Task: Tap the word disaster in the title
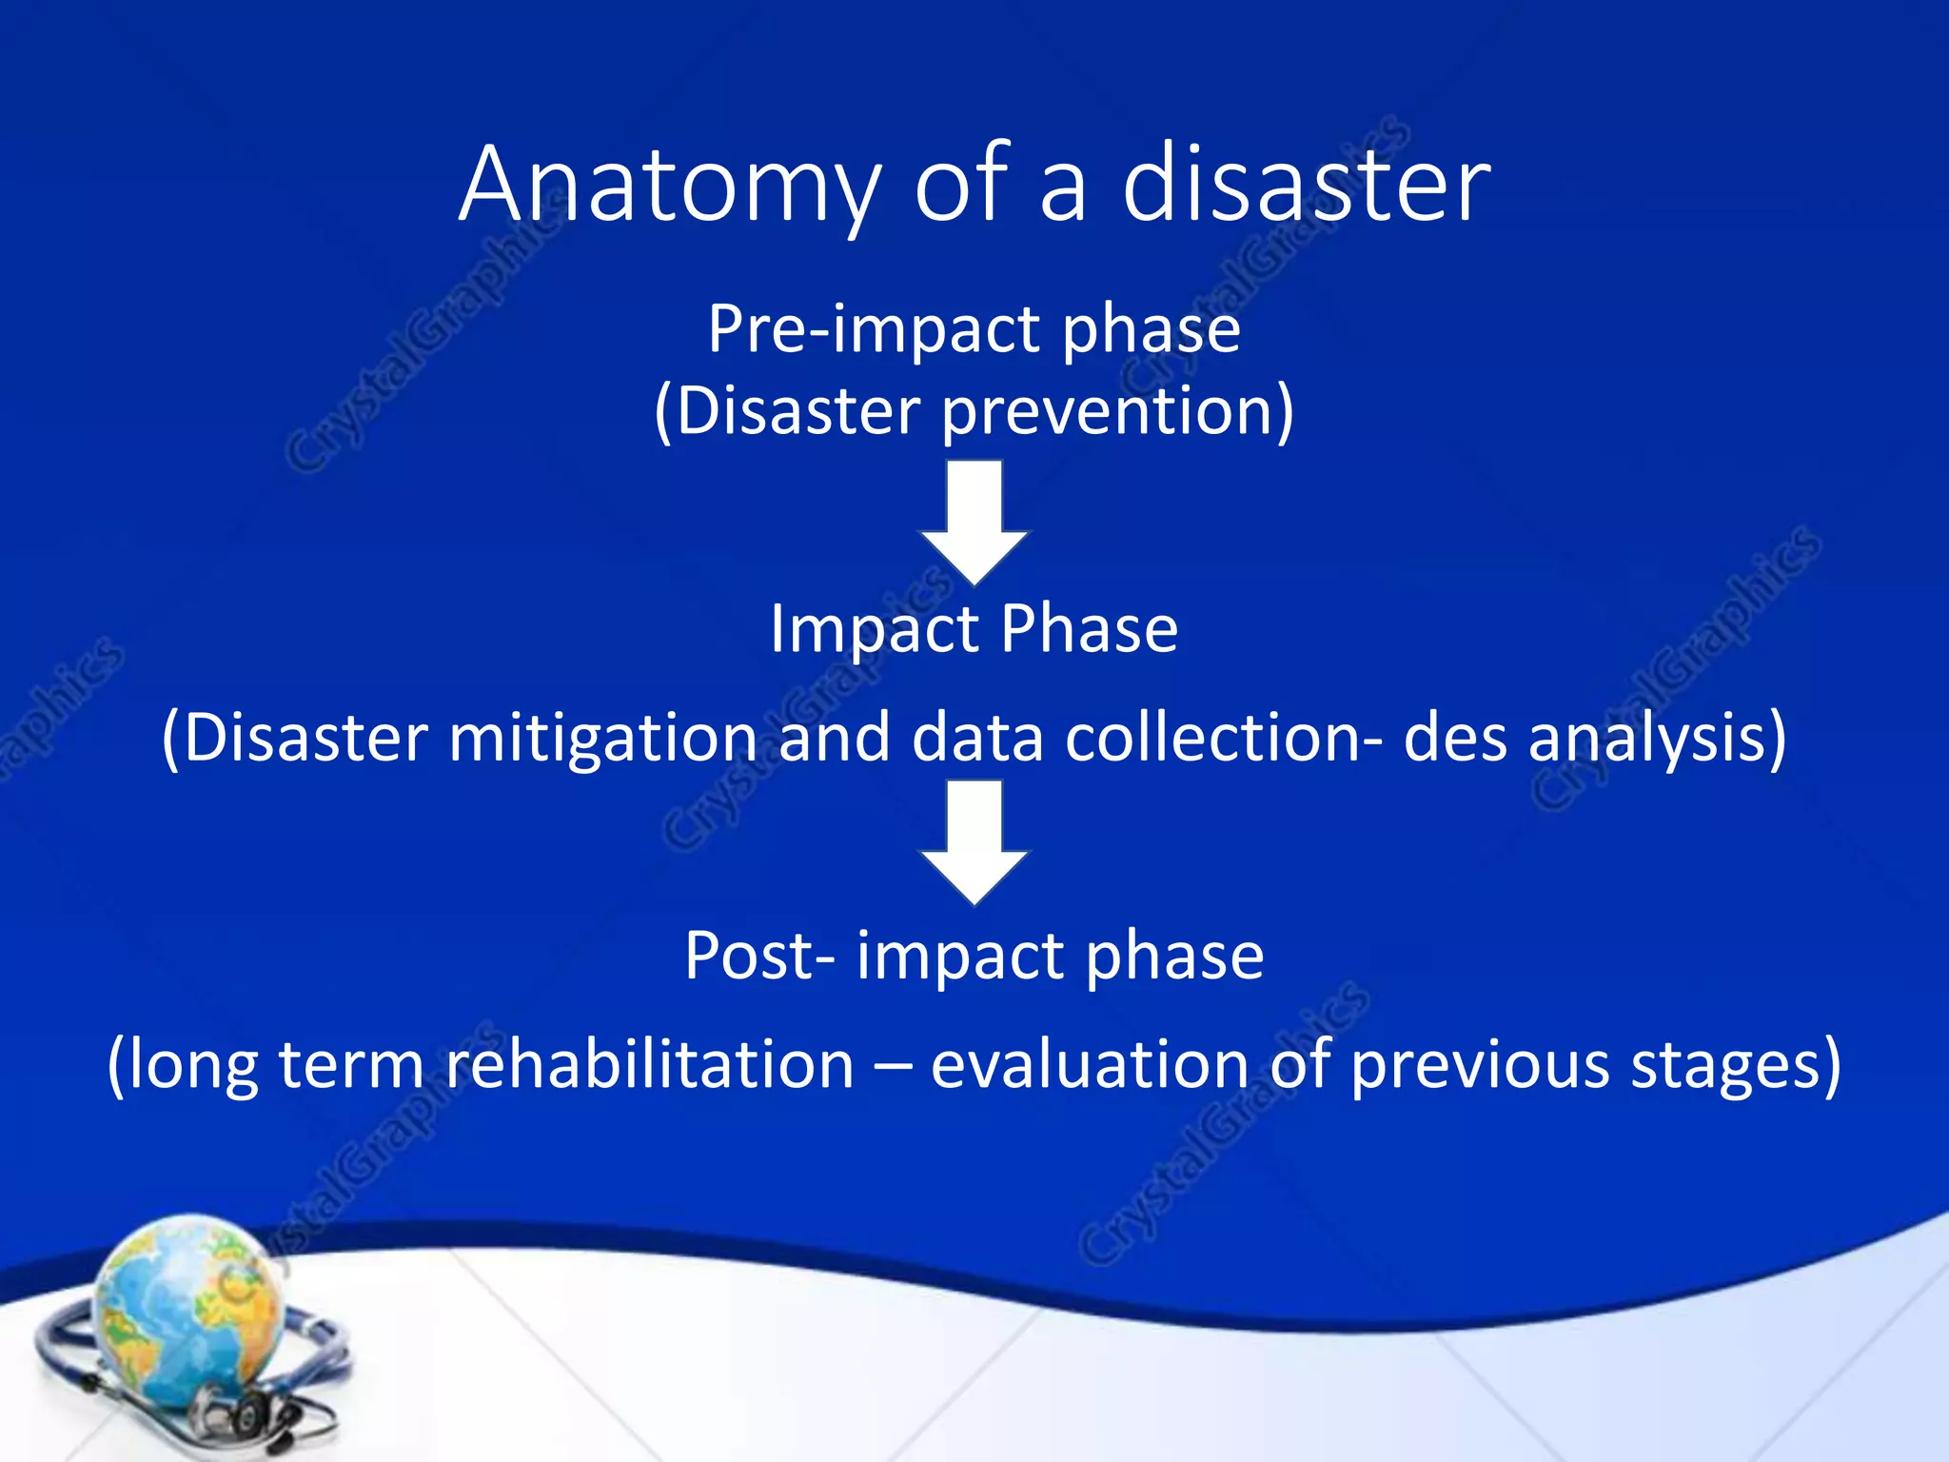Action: pyautogui.click(x=1306, y=186)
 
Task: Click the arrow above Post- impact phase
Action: pyautogui.click(x=974, y=841)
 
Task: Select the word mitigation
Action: pyautogui.click(x=603, y=739)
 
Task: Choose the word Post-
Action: pyautogui.click(x=760, y=956)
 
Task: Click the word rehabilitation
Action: pyautogui.click(x=650, y=1064)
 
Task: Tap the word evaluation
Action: pyautogui.click(x=1090, y=1064)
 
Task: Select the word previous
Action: pyautogui.click(x=1481, y=1064)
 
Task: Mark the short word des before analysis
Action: pyautogui.click(x=1455, y=739)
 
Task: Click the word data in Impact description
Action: pyautogui.click(x=977, y=739)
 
